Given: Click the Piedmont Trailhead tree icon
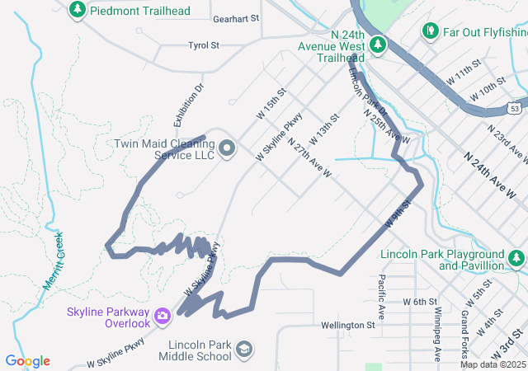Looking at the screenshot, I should (78, 9).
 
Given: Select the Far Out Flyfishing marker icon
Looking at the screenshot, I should (430, 31).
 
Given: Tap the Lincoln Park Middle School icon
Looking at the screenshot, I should (244, 350).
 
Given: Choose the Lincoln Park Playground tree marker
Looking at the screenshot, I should (517, 260).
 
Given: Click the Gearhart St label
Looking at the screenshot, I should (235, 17).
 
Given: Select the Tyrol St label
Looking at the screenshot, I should (203, 45).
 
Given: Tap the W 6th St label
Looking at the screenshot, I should (419, 303).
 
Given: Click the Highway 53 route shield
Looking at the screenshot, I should (513, 107).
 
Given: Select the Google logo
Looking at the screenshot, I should (28, 361).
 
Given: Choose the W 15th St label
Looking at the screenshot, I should (270, 103).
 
